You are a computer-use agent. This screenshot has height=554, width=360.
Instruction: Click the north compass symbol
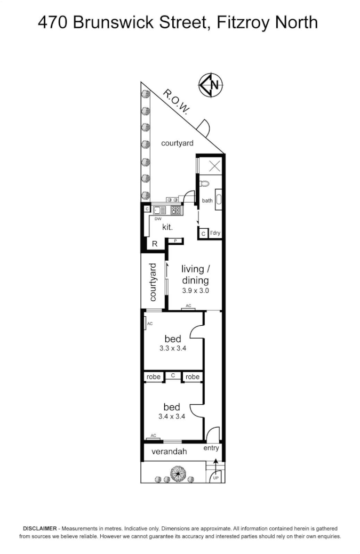pyautogui.click(x=211, y=85)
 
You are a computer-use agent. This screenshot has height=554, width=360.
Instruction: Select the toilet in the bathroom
pyautogui.click(x=205, y=184)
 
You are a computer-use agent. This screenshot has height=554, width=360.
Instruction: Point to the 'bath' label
pyautogui.click(x=207, y=201)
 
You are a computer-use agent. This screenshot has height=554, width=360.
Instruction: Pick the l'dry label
pyautogui.click(x=214, y=233)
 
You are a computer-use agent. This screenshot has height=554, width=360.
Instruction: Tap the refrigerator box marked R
pyautogui.click(x=155, y=244)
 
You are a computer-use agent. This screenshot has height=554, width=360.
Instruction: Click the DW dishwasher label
pyautogui.click(x=158, y=219)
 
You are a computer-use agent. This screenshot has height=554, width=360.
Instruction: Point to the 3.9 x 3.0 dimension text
pyautogui.click(x=195, y=291)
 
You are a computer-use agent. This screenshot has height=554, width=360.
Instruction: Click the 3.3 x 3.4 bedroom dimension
pyautogui.click(x=172, y=349)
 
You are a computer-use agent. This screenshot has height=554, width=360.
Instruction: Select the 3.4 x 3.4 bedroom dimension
pyautogui.click(x=172, y=417)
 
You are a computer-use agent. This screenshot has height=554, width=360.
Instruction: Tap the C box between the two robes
pyautogui.click(x=172, y=376)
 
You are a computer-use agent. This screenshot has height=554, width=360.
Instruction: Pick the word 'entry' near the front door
pyautogui.click(x=211, y=448)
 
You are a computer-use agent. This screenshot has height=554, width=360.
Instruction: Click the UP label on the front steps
pyautogui.click(x=215, y=478)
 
